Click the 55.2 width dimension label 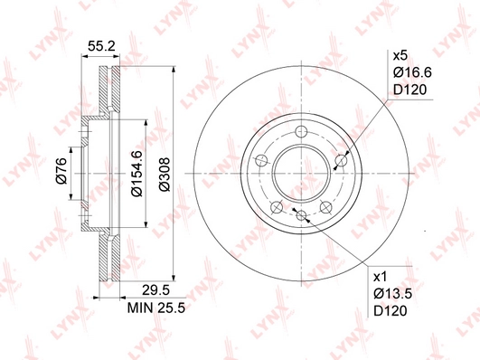pos(101,46)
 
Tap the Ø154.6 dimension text pos(136,173)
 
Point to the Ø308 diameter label pos(165,175)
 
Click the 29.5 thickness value pos(155,290)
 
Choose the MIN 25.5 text pos(156,308)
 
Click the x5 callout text pos(400,56)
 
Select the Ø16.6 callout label pos(412,72)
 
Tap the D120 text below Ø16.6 pos(409,90)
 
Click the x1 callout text pos(381,277)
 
